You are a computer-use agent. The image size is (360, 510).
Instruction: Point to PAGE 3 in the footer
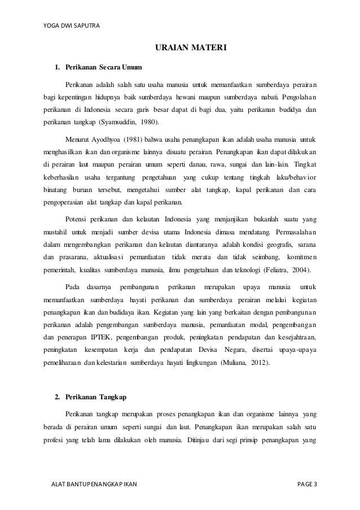[308, 485]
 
